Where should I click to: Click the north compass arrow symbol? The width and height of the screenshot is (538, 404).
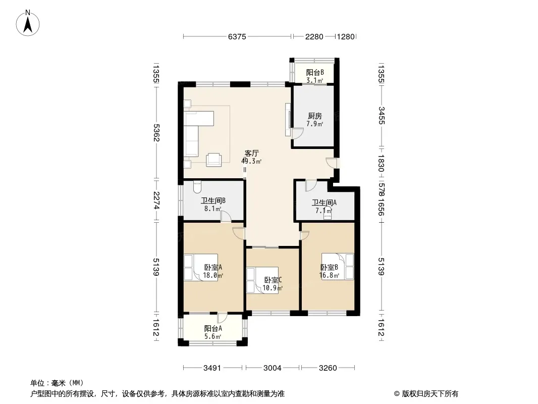tap(28, 23)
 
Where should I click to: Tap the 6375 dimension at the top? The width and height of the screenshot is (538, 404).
tap(237, 36)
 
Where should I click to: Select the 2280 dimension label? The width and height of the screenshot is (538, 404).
tap(314, 36)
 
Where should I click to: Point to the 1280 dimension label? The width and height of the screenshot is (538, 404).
tap(345, 36)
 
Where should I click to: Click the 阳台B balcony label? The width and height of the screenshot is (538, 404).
tap(315, 72)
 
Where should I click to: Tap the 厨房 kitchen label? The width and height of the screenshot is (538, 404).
tap(314, 116)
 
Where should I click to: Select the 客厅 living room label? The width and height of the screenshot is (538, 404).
tap(251, 153)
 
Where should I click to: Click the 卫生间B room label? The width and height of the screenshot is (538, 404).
tap(213, 201)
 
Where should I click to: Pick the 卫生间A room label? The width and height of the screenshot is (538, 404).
tap(324, 203)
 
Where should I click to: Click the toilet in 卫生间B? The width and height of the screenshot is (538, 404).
tap(197, 186)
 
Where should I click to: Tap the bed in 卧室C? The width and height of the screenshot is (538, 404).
tap(262, 280)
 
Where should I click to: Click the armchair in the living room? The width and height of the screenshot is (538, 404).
tap(214, 160)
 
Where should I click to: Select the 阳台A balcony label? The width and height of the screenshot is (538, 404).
tap(213, 328)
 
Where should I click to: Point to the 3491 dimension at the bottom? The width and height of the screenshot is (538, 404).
tap(212, 368)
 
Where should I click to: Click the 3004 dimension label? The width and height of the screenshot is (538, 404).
tap(273, 368)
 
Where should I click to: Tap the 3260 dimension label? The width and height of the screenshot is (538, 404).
tap(328, 368)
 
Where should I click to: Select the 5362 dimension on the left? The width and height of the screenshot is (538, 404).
tap(156, 132)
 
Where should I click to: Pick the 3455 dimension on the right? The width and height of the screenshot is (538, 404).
tap(381, 116)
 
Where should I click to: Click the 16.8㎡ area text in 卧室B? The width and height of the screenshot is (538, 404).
tap(330, 275)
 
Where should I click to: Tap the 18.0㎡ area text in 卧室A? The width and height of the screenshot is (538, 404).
tap(213, 275)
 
